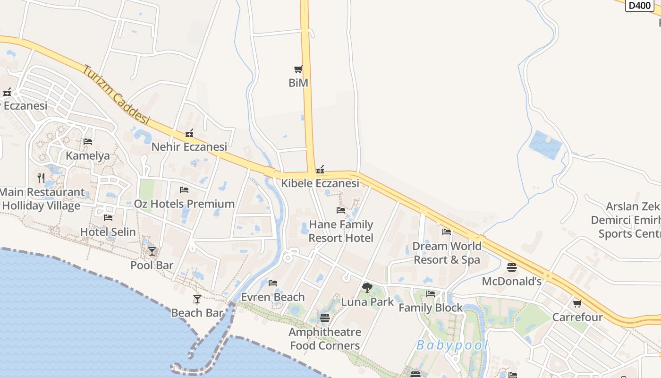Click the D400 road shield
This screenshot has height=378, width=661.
coord(640,6)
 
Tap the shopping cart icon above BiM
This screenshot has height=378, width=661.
coord(298,69)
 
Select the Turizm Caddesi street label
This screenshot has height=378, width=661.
coord(116,95)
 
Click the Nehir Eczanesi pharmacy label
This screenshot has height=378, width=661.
coord(189,147)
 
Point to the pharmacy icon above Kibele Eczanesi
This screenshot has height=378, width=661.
coord(320,170)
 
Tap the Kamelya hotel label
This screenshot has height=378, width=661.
coord(88,156)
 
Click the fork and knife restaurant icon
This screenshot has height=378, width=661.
coord(41,178)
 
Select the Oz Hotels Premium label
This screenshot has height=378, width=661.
coord(184,204)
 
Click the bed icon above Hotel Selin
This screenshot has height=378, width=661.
coord(108,218)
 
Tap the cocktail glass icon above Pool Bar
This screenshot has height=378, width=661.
coord(152,251)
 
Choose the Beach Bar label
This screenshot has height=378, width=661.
coord(197,313)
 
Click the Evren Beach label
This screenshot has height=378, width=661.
coord(273,297)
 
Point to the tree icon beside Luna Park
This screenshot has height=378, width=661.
coord(367,287)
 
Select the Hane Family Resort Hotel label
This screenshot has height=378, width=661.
coord(341,232)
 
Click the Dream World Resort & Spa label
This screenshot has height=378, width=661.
coord(447,253)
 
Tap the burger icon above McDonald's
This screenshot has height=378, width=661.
coord(512,267)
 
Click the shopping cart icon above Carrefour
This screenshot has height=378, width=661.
coord(577,304)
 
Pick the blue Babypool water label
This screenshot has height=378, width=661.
coord(452,345)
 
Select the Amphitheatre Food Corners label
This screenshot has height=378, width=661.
coord(325,339)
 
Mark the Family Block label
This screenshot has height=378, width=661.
coord(431,308)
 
